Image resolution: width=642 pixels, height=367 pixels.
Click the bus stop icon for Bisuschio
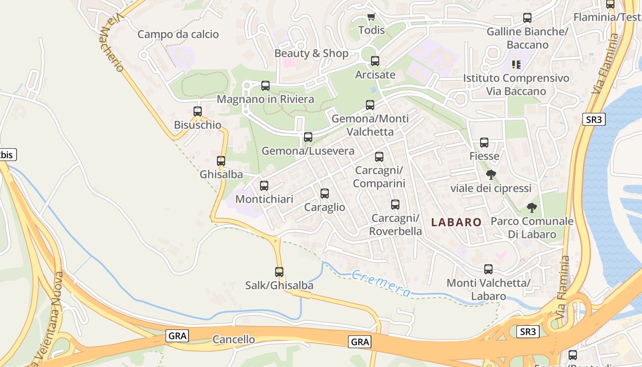click(198, 111)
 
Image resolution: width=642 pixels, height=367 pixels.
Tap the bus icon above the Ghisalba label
click(221, 161)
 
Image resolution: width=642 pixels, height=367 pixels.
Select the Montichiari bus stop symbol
click(264, 186)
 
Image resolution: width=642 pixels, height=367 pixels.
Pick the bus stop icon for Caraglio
click(325, 194)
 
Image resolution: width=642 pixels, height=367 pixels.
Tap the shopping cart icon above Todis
click(371, 17)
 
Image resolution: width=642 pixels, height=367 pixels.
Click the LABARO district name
click(456, 222)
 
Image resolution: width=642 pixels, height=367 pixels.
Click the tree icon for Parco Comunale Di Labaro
click(531, 208)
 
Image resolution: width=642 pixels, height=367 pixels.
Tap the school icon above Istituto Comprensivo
click(516, 65)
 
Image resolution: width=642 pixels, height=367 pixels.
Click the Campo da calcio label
click(178, 34)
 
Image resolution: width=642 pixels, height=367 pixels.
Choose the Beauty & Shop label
click(311, 53)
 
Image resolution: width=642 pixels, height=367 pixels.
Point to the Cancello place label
click(233, 339)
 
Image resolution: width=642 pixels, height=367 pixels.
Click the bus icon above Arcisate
click(375, 61)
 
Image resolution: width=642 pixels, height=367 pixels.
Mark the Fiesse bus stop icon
click(484, 143)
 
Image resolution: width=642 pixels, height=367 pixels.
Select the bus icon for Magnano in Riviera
click(266, 86)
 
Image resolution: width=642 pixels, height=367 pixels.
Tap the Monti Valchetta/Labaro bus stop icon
click(488, 269)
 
